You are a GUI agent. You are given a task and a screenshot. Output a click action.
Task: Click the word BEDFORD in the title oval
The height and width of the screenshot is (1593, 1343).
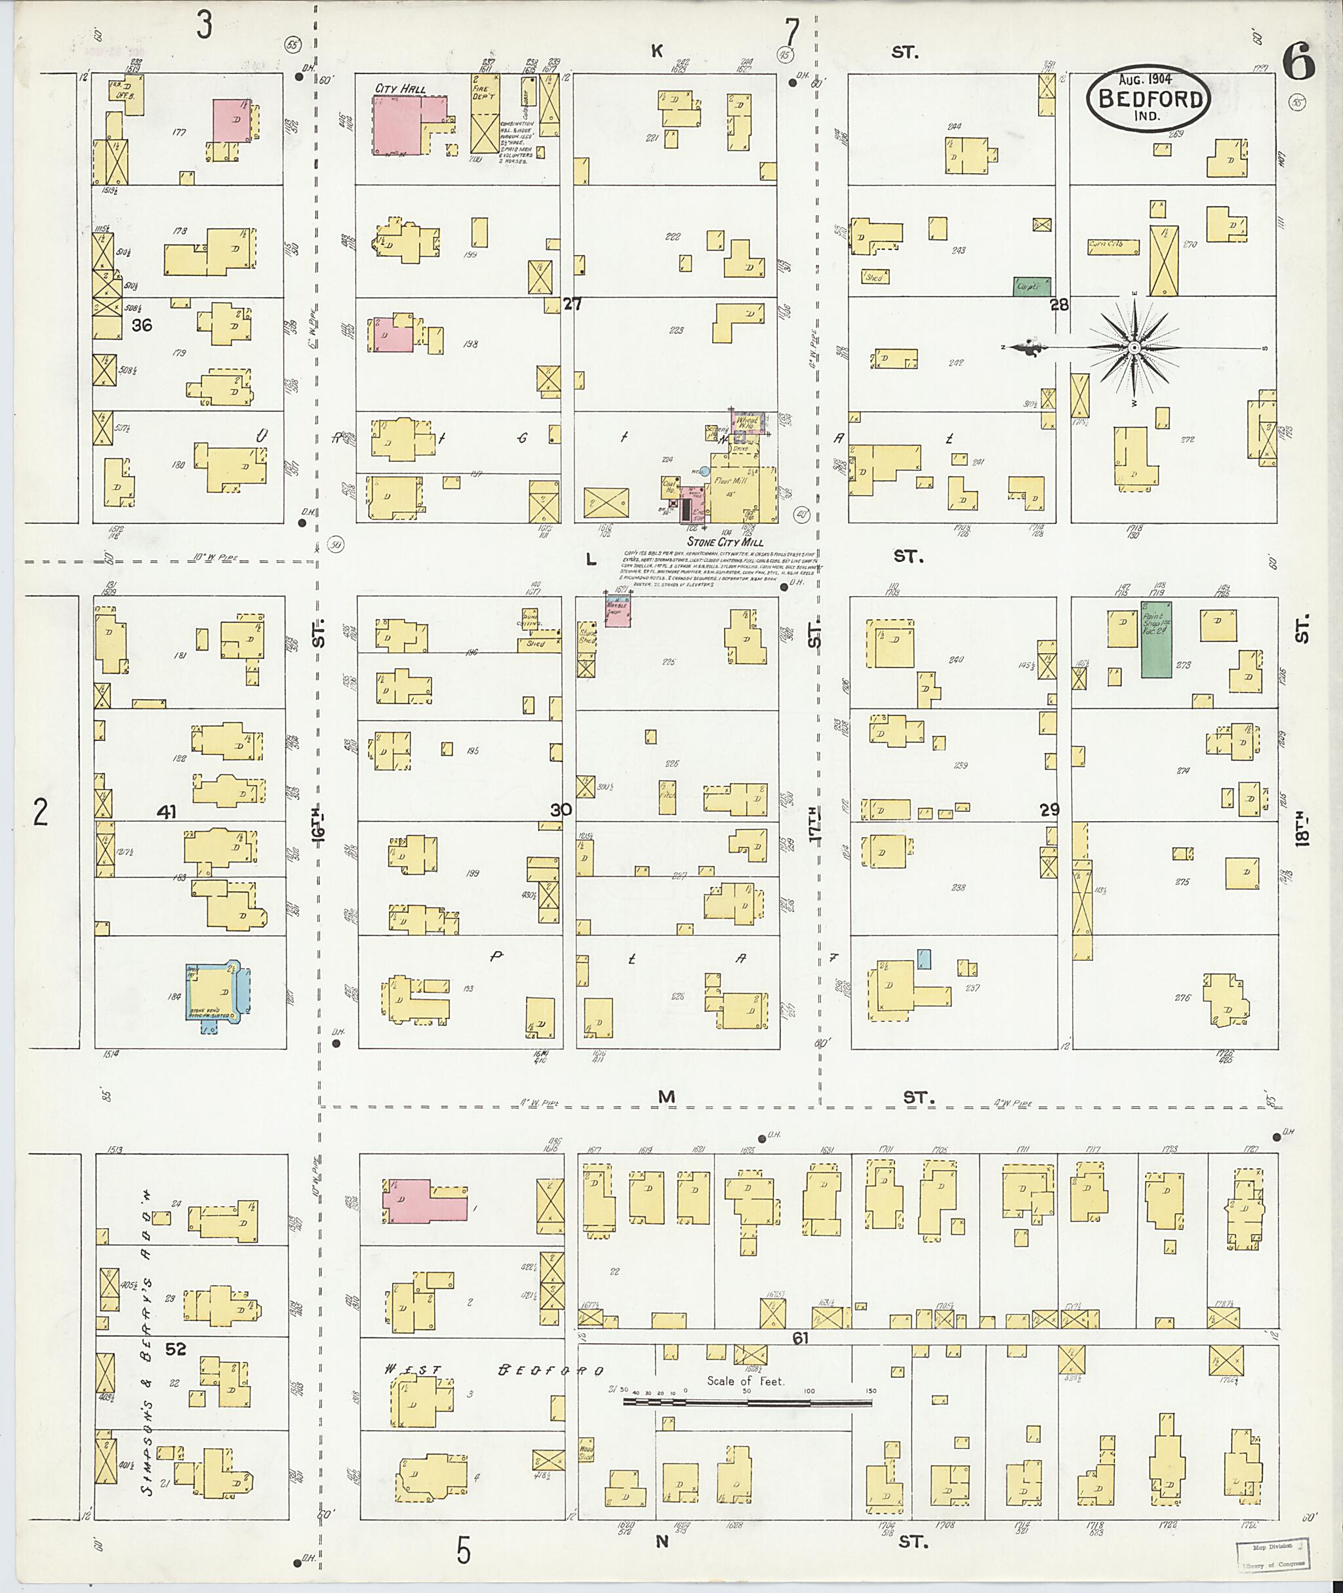click(1150, 98)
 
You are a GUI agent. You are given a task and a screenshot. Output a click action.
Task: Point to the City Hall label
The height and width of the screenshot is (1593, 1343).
click(400, 89)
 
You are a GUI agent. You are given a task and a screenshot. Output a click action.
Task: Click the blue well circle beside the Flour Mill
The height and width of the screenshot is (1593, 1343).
click(705, 472)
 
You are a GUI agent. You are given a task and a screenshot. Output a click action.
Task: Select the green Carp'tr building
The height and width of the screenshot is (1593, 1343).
click(1032, 287)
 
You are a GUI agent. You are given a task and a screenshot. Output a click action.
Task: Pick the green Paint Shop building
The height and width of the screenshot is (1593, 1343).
click(1155, 639)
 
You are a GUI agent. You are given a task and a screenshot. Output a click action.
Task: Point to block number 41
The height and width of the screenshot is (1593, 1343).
click(166, 813)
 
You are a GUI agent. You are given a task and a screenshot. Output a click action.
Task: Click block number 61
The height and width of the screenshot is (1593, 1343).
click(799, 1338)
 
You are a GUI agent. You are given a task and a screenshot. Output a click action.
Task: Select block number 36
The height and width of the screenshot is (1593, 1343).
click(142, 325)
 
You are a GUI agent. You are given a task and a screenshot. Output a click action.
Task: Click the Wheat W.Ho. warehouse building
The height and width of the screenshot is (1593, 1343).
click(748, 424)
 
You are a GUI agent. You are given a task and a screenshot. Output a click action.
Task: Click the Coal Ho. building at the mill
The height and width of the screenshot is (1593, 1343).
click(671, 487)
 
